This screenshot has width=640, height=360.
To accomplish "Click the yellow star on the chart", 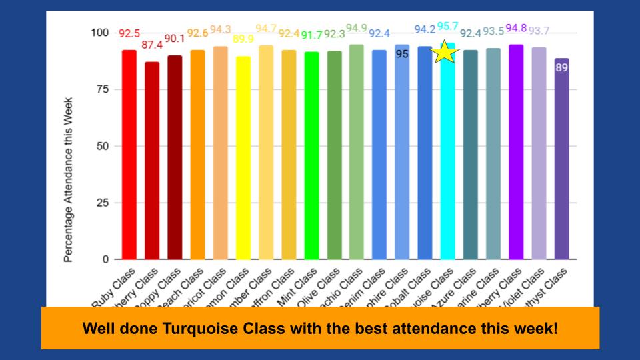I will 445,52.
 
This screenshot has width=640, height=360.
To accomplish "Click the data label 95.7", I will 447,27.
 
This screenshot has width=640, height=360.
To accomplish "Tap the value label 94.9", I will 357,28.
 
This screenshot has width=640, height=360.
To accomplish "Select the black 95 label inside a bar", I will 402,54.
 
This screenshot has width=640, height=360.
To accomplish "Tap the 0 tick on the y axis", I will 104,259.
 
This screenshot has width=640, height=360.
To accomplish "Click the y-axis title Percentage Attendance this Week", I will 68,180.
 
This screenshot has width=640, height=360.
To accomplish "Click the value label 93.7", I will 539,31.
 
